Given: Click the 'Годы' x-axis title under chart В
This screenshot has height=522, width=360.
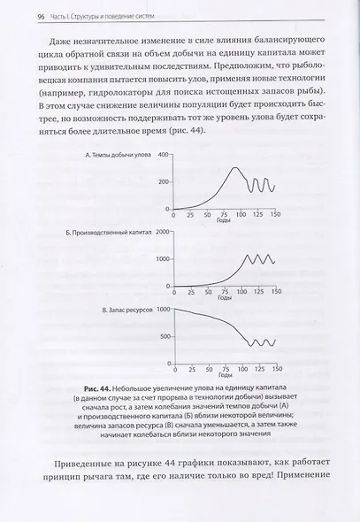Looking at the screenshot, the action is click(224, 375).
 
